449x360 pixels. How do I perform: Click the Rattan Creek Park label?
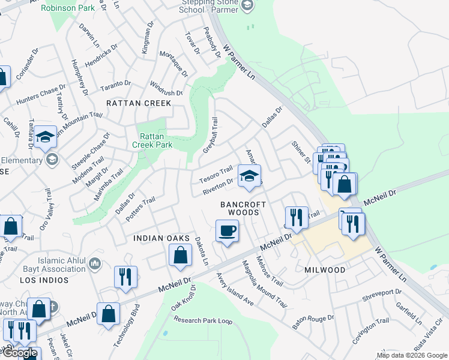coord(152,140)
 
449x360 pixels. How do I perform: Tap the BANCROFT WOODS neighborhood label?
coord(243,208)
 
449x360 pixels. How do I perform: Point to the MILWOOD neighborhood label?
coord(325,270)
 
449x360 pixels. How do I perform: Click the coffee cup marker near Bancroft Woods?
coord(227,231)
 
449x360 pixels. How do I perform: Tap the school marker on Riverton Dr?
coord(249,176)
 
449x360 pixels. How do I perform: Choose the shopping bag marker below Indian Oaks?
coord(181,256)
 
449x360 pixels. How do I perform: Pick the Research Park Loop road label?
coord(203,320)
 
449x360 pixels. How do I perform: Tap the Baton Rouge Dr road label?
coord(312,317)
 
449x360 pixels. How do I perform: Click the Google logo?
coord(20,353)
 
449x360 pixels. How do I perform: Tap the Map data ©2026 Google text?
coord(411,355)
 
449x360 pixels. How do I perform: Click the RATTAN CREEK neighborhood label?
coord(139,103)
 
